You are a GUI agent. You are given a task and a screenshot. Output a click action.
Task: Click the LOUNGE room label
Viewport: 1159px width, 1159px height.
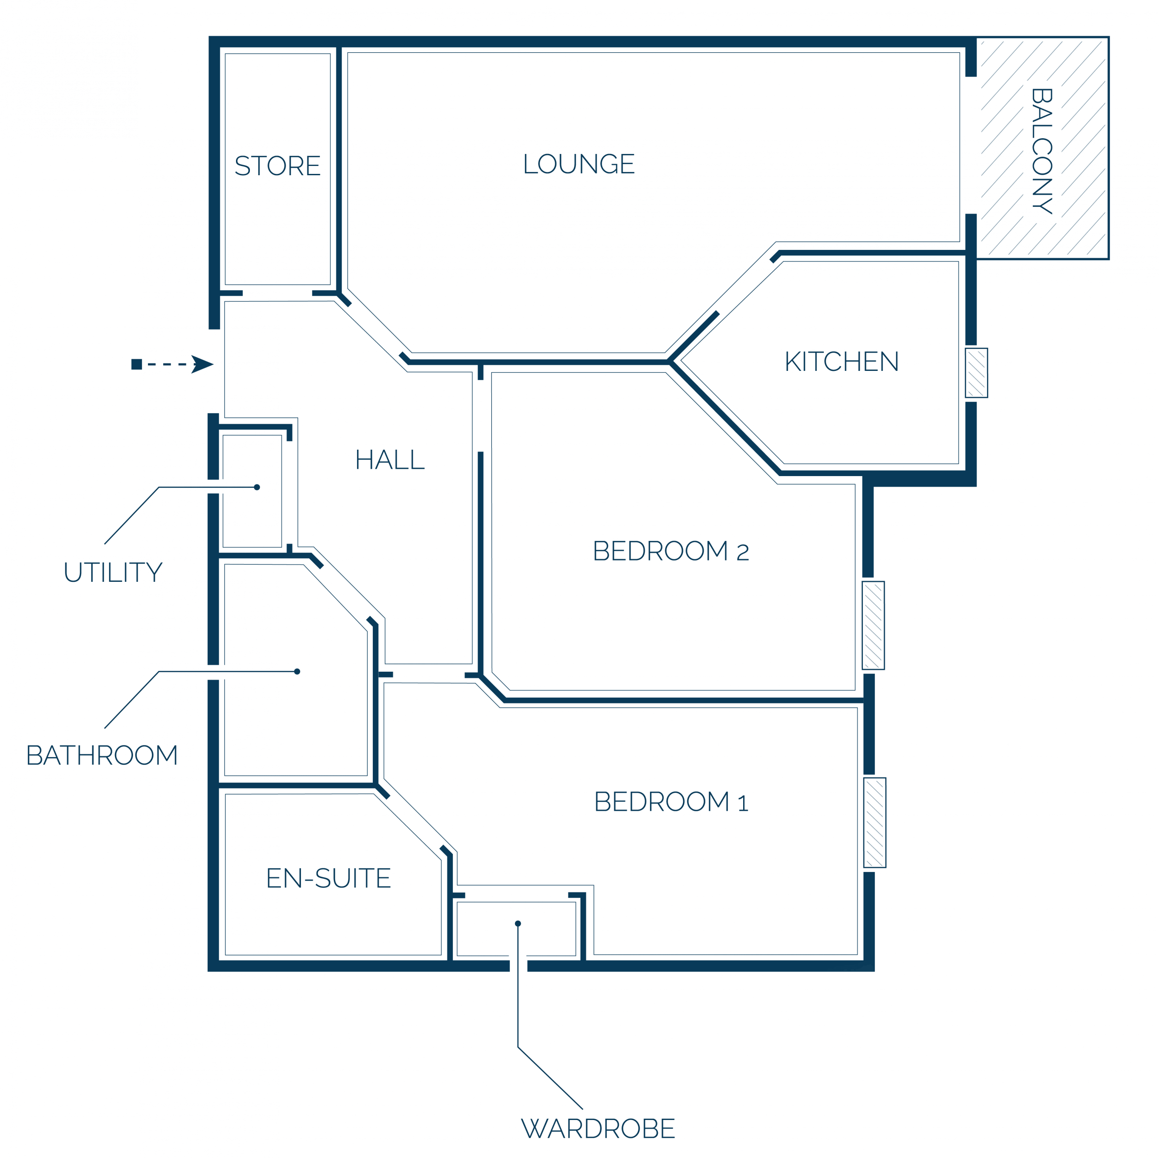point(579,164)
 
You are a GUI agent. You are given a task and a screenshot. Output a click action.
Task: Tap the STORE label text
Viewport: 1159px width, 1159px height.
point(277,166)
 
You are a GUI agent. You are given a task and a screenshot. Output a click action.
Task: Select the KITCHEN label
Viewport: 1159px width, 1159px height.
point(841,361)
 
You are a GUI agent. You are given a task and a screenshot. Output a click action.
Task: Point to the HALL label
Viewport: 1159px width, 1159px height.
point(390,459)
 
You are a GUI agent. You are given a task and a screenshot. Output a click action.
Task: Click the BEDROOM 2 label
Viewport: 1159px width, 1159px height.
point(671,551)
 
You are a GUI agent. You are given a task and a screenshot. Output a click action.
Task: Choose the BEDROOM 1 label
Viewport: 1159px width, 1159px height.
point(671,802)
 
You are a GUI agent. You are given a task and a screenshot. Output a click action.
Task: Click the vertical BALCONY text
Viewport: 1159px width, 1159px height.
point(1042,151)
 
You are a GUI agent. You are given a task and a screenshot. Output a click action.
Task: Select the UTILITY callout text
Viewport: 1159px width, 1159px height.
point(113,572)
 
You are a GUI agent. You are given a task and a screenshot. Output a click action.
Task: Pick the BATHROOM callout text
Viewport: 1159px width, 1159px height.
point(102,755)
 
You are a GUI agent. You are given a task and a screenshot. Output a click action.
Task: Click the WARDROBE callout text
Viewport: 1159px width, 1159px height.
point(598,1128)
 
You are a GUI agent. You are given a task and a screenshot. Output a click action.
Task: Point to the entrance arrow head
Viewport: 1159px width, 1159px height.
point(202,364)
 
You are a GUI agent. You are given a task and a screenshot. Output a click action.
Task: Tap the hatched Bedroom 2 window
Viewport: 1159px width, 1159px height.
point(873,625)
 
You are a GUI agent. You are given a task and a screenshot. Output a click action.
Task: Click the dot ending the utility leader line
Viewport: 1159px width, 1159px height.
point(257,487)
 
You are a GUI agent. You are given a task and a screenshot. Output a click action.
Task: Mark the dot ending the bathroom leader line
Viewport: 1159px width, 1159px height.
point(297,671)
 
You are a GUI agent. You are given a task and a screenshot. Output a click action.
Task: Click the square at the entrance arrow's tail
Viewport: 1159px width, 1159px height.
point(137,364)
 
